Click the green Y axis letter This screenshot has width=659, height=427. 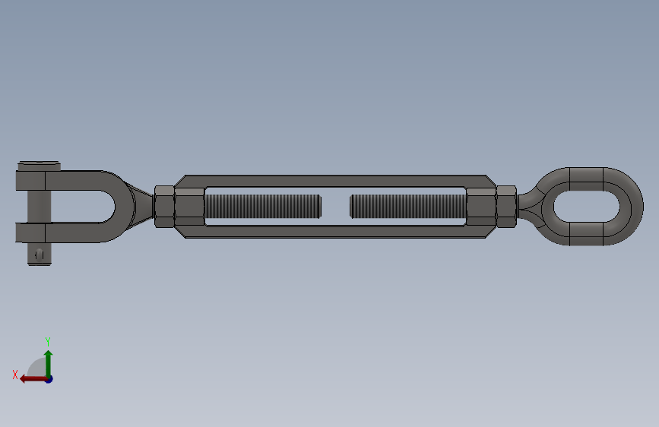click(48, 341)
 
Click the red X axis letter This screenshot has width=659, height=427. click(15, 375)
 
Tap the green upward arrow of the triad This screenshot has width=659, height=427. click(49, 364)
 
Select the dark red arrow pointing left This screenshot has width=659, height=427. click(34, 379)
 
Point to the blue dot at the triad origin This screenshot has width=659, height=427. click(49, 379)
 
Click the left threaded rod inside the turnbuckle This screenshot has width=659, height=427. click(263, 207)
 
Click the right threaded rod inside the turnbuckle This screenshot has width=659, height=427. click(408, 207)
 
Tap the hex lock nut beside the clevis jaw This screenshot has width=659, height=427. click(164, 207)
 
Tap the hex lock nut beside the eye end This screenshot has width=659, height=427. click(506, 207)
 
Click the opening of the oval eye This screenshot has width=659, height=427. click(587, 207)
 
